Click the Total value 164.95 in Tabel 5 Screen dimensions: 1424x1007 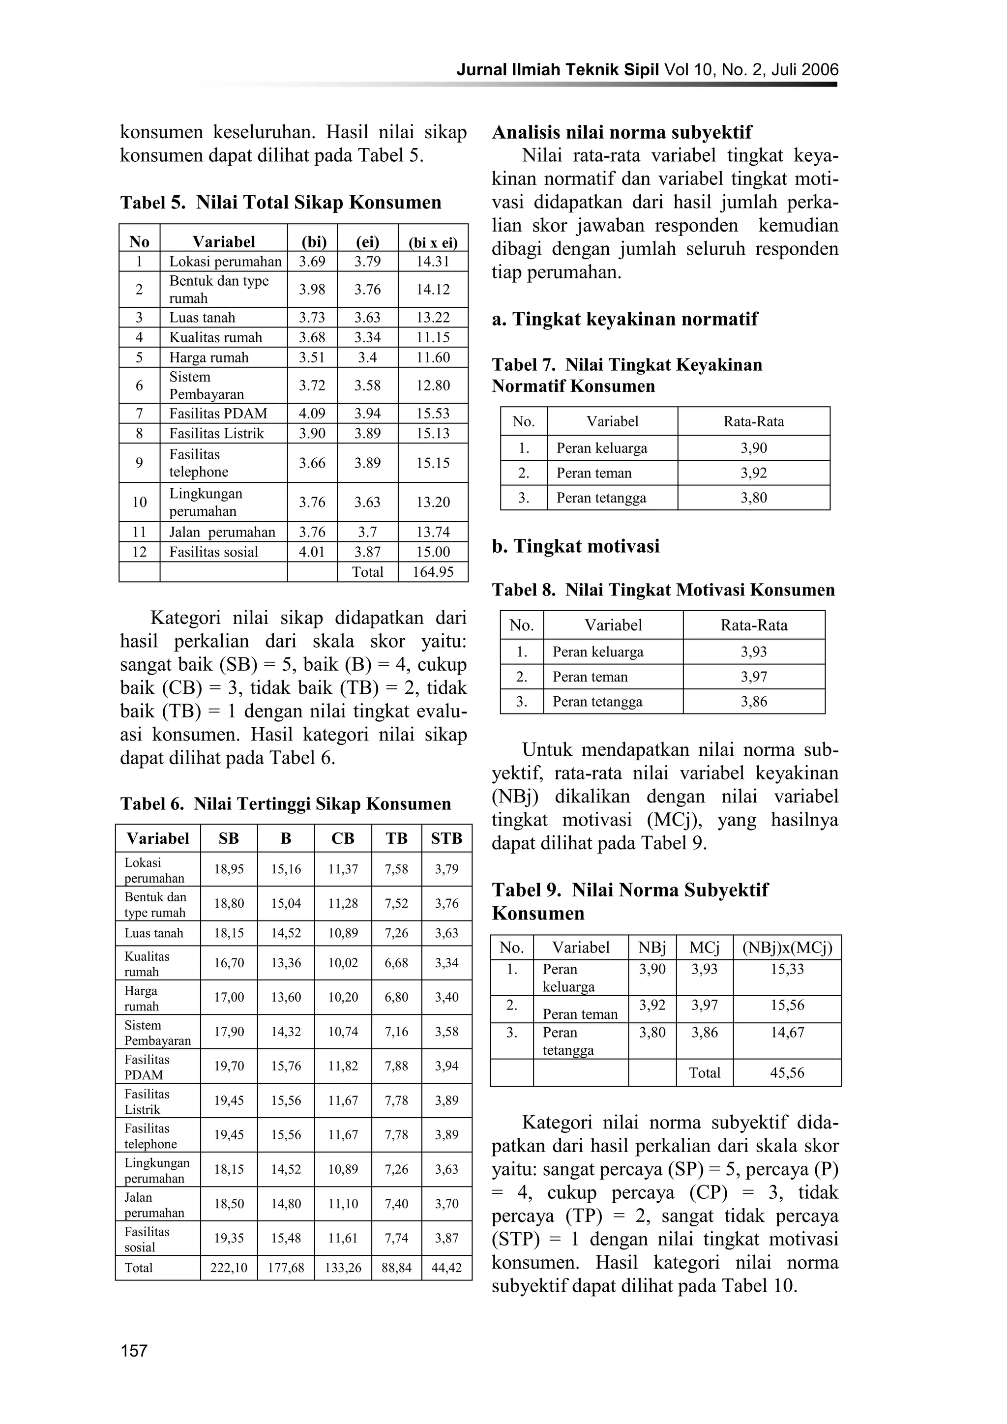tap(433, 572)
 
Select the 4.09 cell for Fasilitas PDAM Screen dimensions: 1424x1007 tap(312, 414)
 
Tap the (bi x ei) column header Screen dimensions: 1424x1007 tap(433, 242)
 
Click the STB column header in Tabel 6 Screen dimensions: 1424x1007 tap(446, 838)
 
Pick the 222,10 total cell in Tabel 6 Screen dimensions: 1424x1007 tap(228, 1268)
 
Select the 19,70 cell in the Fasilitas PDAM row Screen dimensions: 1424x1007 tap(228, 1066)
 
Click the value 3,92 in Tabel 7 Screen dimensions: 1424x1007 tap(753, 473)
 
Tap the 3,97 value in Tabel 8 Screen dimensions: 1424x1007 tap(753, 677)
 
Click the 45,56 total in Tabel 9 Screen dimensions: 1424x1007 tap(787, 1073)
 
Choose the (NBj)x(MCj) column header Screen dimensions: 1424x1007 tap(787, 948)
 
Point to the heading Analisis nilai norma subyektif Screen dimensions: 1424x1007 tap(622, 132)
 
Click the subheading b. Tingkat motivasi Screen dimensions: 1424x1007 tap(575, 546)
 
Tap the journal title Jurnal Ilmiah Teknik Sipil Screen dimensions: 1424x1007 tap(558, 69)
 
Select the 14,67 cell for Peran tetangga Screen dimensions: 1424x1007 tap(787, 1033)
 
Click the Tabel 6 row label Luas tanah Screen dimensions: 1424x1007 tap(154, 933)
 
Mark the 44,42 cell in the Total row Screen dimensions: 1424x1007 tap(446, 1268)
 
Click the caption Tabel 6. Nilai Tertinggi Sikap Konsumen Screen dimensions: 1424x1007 tap(285, 804)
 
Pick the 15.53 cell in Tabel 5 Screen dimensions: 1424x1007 tap(433, 414)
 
